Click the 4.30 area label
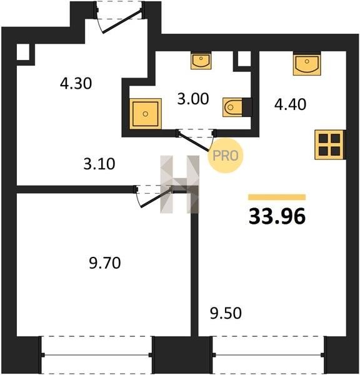76,84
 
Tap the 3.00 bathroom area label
193,99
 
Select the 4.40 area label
290,104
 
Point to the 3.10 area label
99,164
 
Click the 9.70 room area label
105,263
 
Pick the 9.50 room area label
226,313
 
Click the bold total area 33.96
277,216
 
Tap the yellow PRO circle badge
226,156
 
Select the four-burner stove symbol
330,145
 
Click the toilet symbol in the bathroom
232,107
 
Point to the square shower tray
146,114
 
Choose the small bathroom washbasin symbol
201,61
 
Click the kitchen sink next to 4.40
307,63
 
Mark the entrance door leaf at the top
122,21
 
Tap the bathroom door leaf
194,142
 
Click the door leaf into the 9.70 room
156,197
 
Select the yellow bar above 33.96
277,197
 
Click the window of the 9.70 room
97,355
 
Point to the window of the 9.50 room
268,355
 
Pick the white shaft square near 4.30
23,52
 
